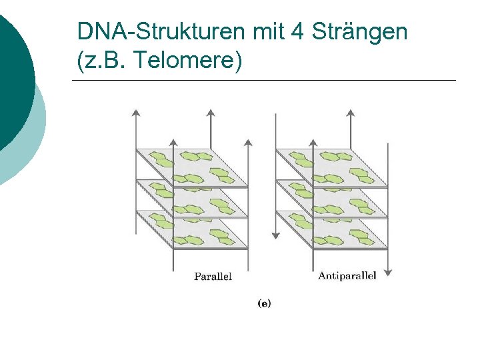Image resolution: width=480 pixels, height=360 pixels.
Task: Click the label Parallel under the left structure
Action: [213, 276]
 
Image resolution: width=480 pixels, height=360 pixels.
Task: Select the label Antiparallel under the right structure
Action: [347, 275]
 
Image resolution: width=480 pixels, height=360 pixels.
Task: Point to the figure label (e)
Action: [264, 303]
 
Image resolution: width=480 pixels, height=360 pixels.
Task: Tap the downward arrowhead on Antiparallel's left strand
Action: [275, 235]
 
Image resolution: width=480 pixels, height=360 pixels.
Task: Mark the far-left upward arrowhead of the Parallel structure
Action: [136, 111]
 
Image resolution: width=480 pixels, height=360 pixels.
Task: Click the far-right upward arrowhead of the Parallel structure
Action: [248, 143]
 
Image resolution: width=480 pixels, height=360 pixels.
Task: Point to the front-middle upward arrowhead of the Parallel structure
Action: [173, 143]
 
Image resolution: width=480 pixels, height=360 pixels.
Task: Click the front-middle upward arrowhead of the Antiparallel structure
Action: [313, 143]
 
